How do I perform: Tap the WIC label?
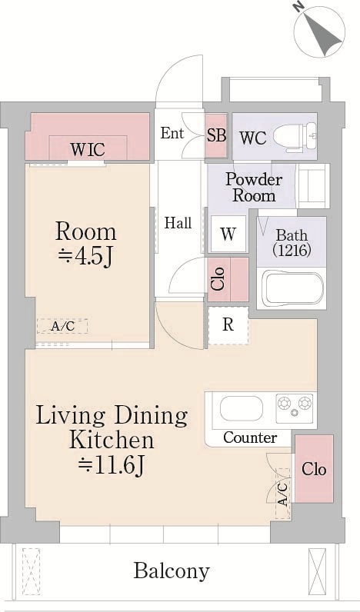pyautogui.click(x=88, y=148)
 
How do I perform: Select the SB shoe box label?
pyautogui.click(x=217, y=135)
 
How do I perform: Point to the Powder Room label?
pyautogui.click(x=253, y=187)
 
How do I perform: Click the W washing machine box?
pyautogui.click(x=228, y=234)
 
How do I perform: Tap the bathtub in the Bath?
pyautogui.click(x=291, y=288)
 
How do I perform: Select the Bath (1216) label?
pyautogui.click(x=292, y=242)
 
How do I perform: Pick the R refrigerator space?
pyautogui.click(x=228, y=324)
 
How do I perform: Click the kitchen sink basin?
pyautogui.click(x=242, y=408)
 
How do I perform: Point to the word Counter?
pyautogui.click(x=250, y=437)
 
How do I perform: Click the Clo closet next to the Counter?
pyautogui.click(x=312, y=469)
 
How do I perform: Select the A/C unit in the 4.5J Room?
pyautogui.click(x=62, y=326)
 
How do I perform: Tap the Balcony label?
pyautogui.click(x=171, y=571)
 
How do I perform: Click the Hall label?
pyautogui.click(x=178, y=224)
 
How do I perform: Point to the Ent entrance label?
pyautogui.click(x=172, y=133)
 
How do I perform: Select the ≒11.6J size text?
pyautogui.click(x=112, y=464)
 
